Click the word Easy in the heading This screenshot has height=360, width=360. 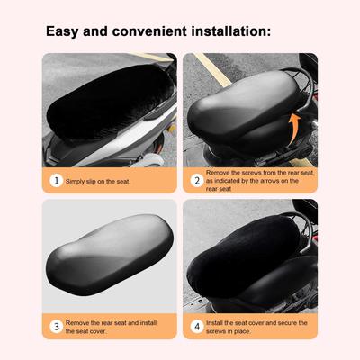(x=62, y=31)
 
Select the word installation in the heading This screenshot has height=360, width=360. (x=231, y=31)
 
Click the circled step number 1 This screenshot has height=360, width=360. (x=56, y=181)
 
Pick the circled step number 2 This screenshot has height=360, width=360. (x=197, y=181)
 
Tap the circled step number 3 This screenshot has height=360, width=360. (x=56, y=327)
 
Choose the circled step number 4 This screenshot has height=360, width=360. (x=197, y=327)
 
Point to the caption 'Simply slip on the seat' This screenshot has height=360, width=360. (x=98, y=181)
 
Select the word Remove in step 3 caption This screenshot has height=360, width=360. (x=77, y=323)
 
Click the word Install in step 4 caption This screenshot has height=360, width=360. (x=214, y=323)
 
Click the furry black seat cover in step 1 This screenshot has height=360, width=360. (x=110, y=103)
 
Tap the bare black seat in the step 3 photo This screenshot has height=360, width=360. (x=110, y=254)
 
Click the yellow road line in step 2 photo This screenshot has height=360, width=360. (x=212, y=69)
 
